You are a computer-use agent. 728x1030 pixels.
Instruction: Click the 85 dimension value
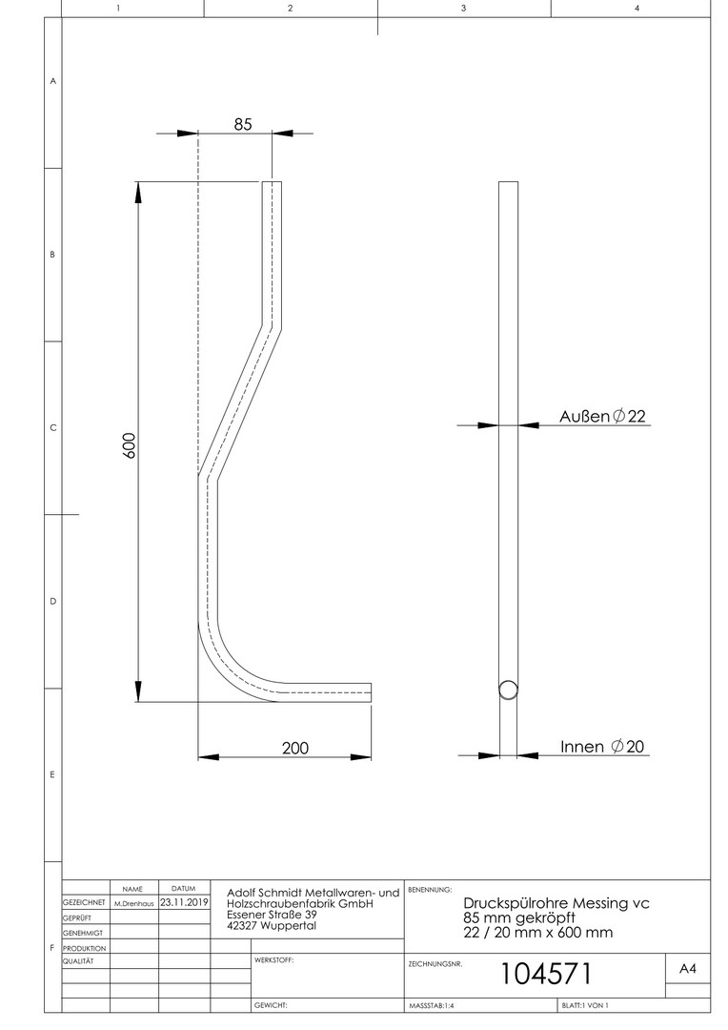tap(243, 124)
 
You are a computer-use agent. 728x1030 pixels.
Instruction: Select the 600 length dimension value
tap(129, 446)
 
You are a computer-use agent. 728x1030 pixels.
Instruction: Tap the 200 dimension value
tap(295, 749)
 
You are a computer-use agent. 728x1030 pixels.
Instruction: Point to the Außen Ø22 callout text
tap(602, 416)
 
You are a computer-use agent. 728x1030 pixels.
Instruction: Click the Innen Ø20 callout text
tap(602, 746)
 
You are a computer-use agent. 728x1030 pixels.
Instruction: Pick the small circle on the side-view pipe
tap(508, 690)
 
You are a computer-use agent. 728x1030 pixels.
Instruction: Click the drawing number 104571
tap(546, 974)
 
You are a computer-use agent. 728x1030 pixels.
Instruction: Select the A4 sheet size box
tap(687, 968)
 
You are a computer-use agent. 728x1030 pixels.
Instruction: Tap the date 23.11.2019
tap(184, 902)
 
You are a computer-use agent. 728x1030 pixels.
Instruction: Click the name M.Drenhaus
tap(134, 903)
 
